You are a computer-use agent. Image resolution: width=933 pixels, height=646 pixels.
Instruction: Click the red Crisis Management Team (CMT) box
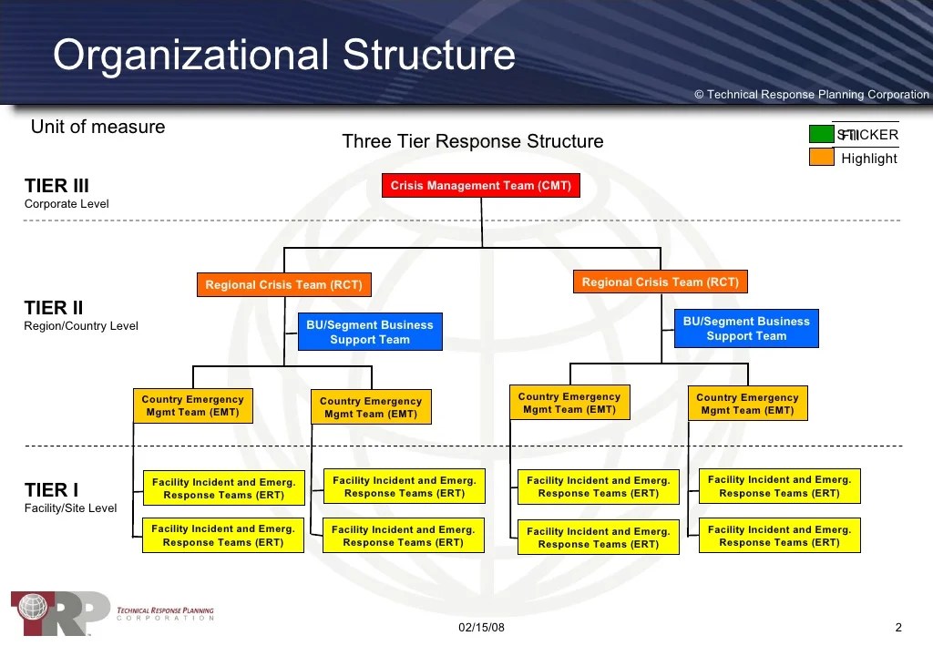pyautogui.click(x=480, y=186)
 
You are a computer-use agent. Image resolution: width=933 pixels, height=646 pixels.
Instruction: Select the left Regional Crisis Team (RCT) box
pyautogui.click(x=283, y=285)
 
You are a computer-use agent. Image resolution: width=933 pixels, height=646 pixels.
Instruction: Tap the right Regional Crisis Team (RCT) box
pyautogui.click(x=661, y=282)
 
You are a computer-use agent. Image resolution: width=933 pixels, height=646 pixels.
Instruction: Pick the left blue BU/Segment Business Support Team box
pyautogui.click(x=370, y=332)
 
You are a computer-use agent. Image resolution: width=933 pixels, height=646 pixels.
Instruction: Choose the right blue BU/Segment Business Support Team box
pyautogui.click(x=746, y=329)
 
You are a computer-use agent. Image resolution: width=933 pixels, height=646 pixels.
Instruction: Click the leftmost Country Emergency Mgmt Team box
pyautogui.click(x=192, y=405)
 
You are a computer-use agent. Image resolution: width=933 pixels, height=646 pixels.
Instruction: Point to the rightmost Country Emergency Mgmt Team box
pyautogui.click(x=747, y=404)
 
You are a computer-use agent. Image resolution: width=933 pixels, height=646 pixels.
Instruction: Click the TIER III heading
pyautogui.click(x=56, y=186)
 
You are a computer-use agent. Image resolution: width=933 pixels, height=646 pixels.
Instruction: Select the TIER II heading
pyautogui.click(x=54, y=308)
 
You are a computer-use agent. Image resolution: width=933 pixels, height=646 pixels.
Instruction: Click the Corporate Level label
pyautogui.click(x=67, y=204)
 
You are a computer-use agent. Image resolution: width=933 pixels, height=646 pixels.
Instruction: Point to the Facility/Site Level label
pyautogui.click(x=70, y=508)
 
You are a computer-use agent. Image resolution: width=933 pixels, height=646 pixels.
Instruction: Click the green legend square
pyautogui.click(x=821, y=135)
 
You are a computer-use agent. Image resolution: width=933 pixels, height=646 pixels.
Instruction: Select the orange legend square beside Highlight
pyautogui.click(x=821, y=158)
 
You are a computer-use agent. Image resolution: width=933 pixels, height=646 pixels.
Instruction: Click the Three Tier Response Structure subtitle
pyautogui.click(x=472, y=141)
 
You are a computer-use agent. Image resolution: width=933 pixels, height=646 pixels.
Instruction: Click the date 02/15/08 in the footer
pyautogui.click(x=480, y=627)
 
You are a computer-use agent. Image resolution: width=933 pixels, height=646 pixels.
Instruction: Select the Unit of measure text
pyautogui.click(x=97, y=127)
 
